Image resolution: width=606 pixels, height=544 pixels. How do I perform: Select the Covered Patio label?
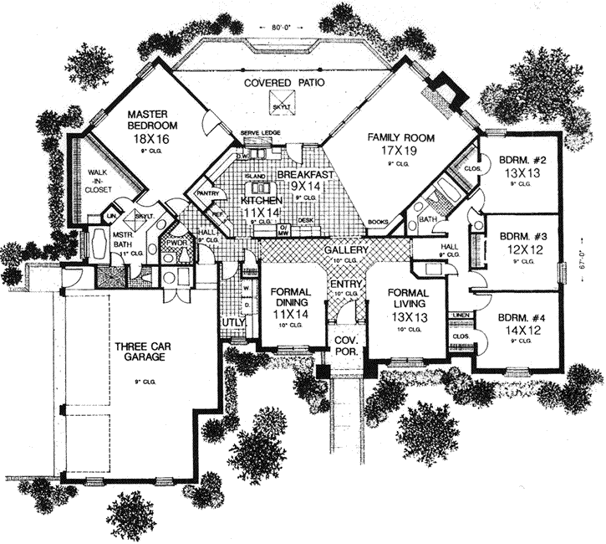click(x=279, y=85)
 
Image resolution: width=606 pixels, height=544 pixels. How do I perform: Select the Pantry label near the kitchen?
click(x=206, y=193)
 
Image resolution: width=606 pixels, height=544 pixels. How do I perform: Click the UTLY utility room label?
click(x=232, y=321)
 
